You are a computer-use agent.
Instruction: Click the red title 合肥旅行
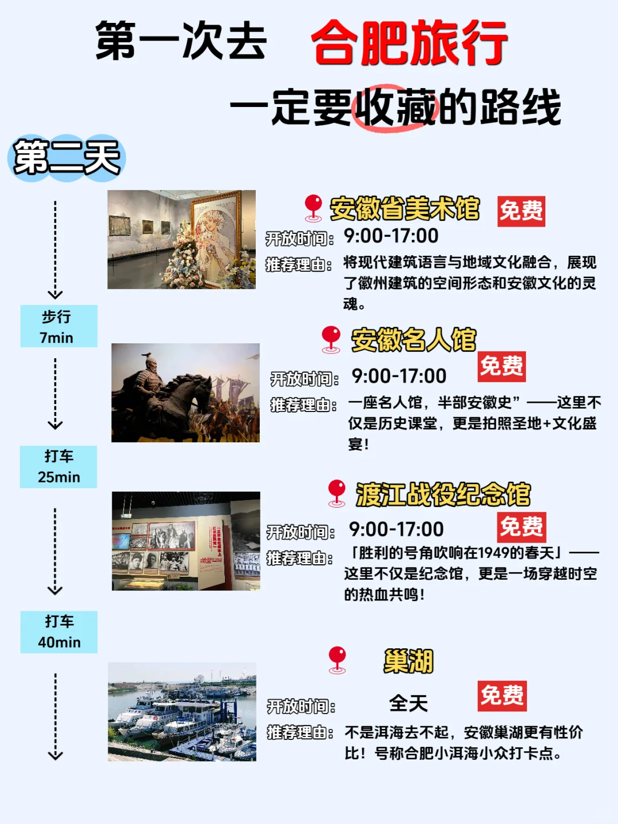click(x=409, y=42)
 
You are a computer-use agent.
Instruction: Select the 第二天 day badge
click(x=66, y=159)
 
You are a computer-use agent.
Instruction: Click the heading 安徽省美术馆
click(x=405, y=209)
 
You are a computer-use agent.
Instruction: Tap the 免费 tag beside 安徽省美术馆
click(x=521, y=211)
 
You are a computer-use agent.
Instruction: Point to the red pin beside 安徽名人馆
click(x=331, y=339)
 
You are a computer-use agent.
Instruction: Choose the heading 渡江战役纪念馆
click(x=443, y=494)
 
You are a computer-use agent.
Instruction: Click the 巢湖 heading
click(x=409, y=661)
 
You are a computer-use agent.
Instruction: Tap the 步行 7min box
click(x=58, y=326)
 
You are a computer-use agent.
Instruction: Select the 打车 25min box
click(x=58, y=466)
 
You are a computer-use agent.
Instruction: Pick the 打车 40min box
click(x=58, y=632)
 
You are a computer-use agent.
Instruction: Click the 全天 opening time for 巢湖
click(x=409, y=703)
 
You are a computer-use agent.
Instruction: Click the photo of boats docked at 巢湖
click(x=182, y=712)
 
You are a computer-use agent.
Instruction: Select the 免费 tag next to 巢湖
click(x=502, y=696)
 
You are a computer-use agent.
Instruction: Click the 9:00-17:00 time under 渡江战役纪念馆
click(x=396, y=529)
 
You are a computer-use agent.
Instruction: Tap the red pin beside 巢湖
click(x=337, y=659)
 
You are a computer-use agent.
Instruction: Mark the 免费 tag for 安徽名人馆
click(x=501, y=366)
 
